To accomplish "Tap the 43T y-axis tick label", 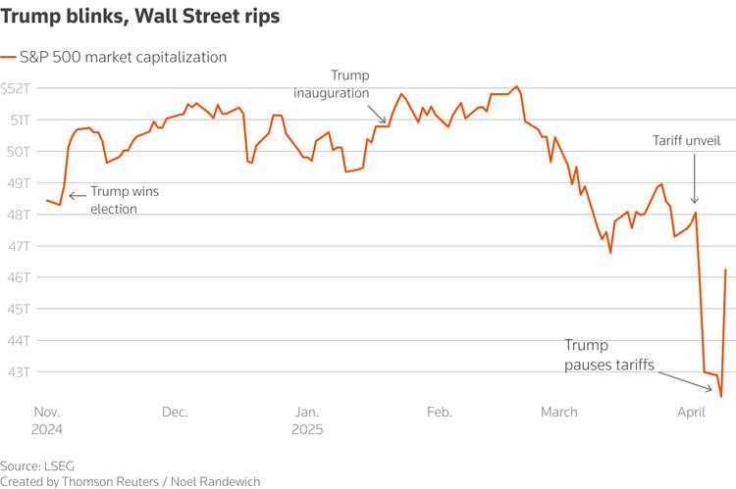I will click(20, 372).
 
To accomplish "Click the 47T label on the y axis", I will click(20, 246).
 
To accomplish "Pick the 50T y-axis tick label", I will click(20, 151).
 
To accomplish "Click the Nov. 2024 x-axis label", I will click(47, 420).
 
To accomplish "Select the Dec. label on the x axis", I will click(175, 413).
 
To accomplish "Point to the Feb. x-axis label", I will click(438, 413).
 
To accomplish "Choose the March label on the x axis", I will click(559, 413).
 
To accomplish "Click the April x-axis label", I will click(691, 413).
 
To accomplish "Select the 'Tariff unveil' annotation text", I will click(687, 141).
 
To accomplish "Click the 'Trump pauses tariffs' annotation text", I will click(609, 355).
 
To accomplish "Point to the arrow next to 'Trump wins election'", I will click(77, 195).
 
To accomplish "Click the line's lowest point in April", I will click(721, 397).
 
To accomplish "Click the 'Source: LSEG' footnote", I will click(37, 465).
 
